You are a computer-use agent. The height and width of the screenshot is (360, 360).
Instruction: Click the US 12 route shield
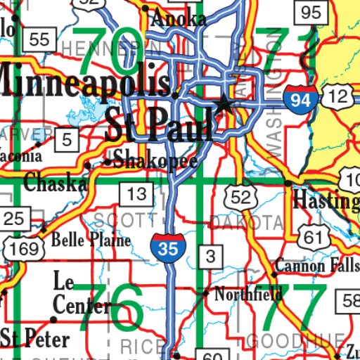pyautogui.click(x=339, y=97)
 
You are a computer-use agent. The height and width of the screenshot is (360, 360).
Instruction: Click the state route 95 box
pyautogui.click(x=311, y=12)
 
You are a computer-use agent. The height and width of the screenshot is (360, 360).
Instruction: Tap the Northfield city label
pyautogui.click(x=248, y=294)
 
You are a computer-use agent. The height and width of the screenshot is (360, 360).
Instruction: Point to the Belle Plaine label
pyautogui.click(x=91, y=240)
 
